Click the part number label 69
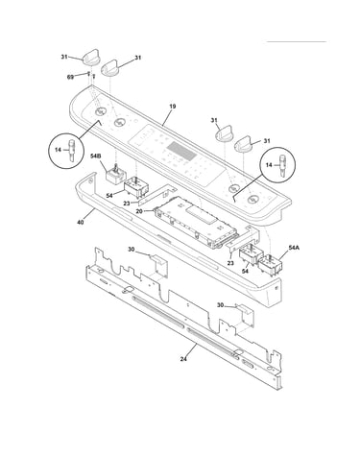pyautogui.click(x=70, y=77)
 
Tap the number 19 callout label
pyautogui.click(x=173, y=107)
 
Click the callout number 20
pyautogui.click(x=139, y=211)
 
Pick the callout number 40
pyautogui.click(x=81, y=222)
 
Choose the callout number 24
pyautogui.click(x=183, y=359)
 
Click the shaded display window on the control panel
pyautogui.click(x=181, y=151)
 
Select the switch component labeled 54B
pyautogui.click(x=114, y=174)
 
